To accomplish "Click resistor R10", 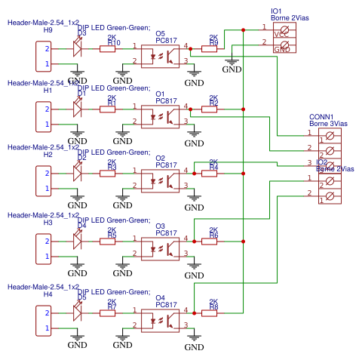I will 109,49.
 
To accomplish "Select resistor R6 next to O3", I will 210,241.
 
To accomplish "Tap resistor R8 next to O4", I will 210,312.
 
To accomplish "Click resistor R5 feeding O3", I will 109,241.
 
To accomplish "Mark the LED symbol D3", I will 77,48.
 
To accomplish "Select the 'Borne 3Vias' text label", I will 329,124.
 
